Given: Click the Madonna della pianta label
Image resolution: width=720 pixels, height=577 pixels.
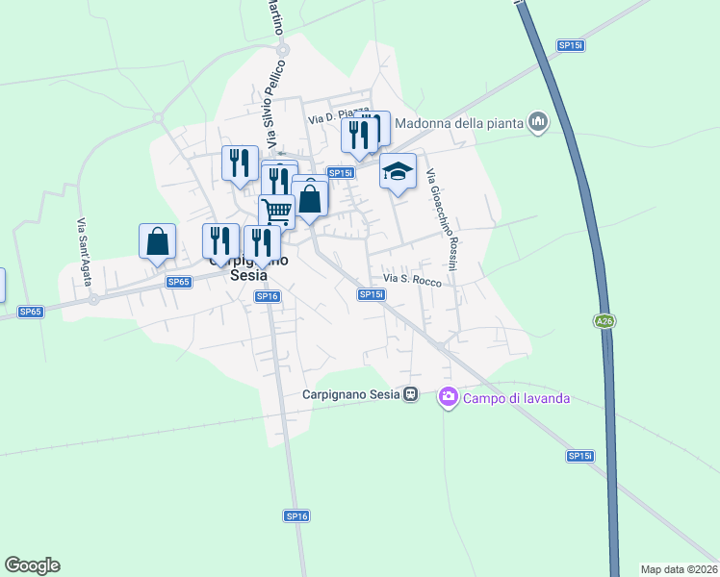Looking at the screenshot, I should click(458, 122).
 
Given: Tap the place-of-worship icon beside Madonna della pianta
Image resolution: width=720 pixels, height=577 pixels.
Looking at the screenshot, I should click(538, 122).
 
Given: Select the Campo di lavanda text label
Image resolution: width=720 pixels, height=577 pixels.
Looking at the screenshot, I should click(517, 398).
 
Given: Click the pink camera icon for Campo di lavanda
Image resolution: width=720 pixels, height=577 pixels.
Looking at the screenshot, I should click(448, 397).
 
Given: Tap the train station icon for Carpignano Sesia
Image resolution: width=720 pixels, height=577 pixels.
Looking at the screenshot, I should click(411, 394).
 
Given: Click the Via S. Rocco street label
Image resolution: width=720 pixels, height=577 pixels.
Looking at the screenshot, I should click(412, 281).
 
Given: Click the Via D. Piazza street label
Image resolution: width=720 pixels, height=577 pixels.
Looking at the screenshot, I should click(338, 115).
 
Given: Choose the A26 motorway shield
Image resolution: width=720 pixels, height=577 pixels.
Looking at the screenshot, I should click(604, 322).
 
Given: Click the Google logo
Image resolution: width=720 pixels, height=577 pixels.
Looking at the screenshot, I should click(32, 565).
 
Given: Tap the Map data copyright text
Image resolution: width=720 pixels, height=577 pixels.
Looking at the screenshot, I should click(679, 569).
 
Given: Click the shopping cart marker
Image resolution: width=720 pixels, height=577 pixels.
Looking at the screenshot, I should click(276, 211).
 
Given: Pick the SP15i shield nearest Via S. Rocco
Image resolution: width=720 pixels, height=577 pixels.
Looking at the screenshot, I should click(371, 294).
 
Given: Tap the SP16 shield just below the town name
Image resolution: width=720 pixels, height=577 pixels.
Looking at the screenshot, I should click(268, 296).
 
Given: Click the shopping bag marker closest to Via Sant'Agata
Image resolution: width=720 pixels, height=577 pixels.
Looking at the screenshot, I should click(157, 242).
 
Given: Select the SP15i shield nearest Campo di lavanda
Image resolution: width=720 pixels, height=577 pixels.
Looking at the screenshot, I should click(579, 456).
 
